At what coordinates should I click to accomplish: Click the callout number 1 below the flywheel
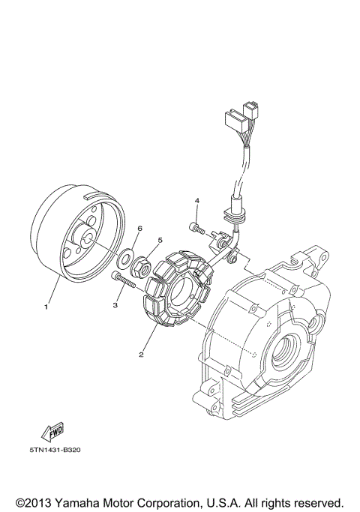46,306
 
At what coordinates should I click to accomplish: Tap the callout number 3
116,305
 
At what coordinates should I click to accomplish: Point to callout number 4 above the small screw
197,201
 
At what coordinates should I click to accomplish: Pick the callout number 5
158,241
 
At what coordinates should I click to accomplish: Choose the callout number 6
139,228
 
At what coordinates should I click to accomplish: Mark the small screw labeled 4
195,225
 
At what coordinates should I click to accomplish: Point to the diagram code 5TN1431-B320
58,451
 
